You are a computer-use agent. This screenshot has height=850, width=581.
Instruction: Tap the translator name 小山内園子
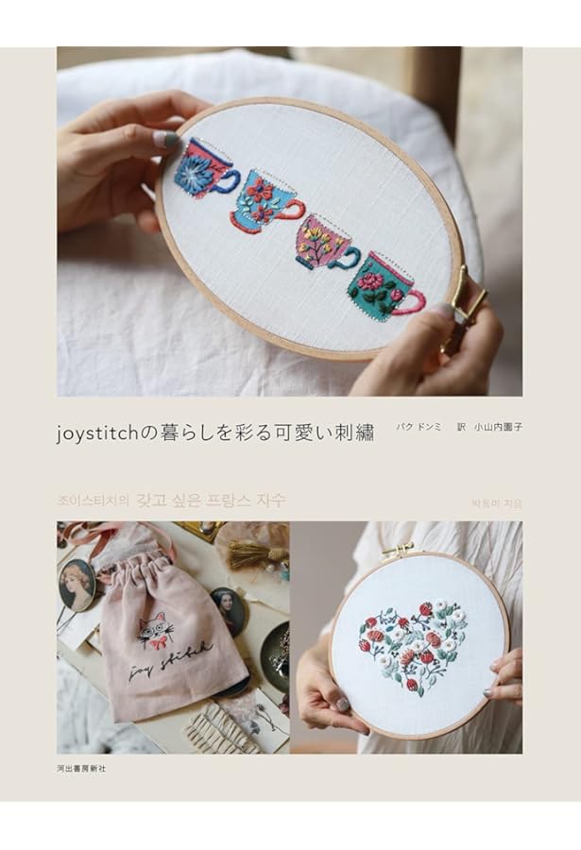(498, 427)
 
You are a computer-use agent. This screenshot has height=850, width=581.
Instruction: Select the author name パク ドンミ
(419, 427)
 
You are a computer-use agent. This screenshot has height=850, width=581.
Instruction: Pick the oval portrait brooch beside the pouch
(77, 584)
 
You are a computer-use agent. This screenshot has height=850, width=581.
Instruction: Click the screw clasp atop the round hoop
(399, 549)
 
